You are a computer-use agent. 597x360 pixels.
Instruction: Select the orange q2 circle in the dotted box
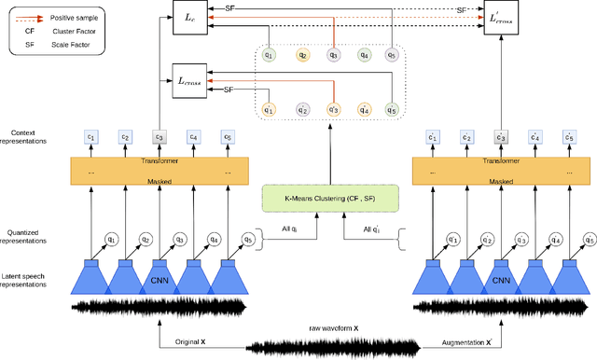point(302,55)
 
